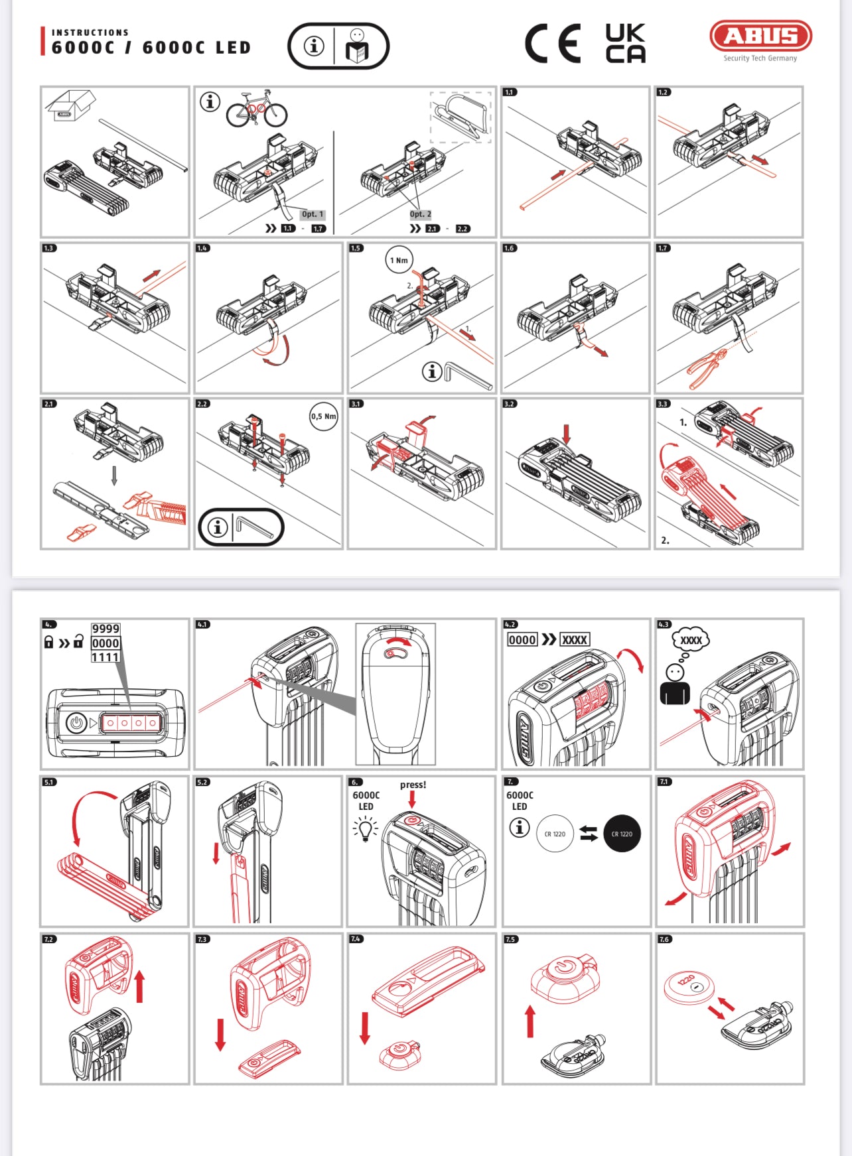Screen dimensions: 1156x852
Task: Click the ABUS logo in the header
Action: click(760, 37)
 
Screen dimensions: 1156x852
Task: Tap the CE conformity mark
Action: click(552, 44)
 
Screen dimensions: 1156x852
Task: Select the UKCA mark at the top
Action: click(625, 44)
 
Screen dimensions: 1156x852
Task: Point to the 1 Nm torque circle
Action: click(399, 260)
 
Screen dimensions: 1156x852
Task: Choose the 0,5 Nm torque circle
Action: click(323, 417)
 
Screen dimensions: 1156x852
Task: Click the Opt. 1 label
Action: click(312, 214)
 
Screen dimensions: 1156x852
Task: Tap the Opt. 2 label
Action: click(420, 214)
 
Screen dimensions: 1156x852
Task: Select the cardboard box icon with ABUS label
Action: click(70, 105)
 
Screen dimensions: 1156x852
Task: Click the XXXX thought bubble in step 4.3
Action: click(691, 640)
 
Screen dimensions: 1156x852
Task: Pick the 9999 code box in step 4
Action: click(106, 629)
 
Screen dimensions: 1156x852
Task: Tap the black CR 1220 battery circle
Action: click(622, 834)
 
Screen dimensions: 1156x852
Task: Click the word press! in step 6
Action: click(413, 785)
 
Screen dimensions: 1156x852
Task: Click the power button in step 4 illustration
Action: click(77, 722)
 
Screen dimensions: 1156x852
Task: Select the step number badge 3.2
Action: click(510, 403)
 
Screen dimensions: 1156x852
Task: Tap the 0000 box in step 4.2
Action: click(522, 640)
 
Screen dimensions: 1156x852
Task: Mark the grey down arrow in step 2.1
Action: click(114, 475)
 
